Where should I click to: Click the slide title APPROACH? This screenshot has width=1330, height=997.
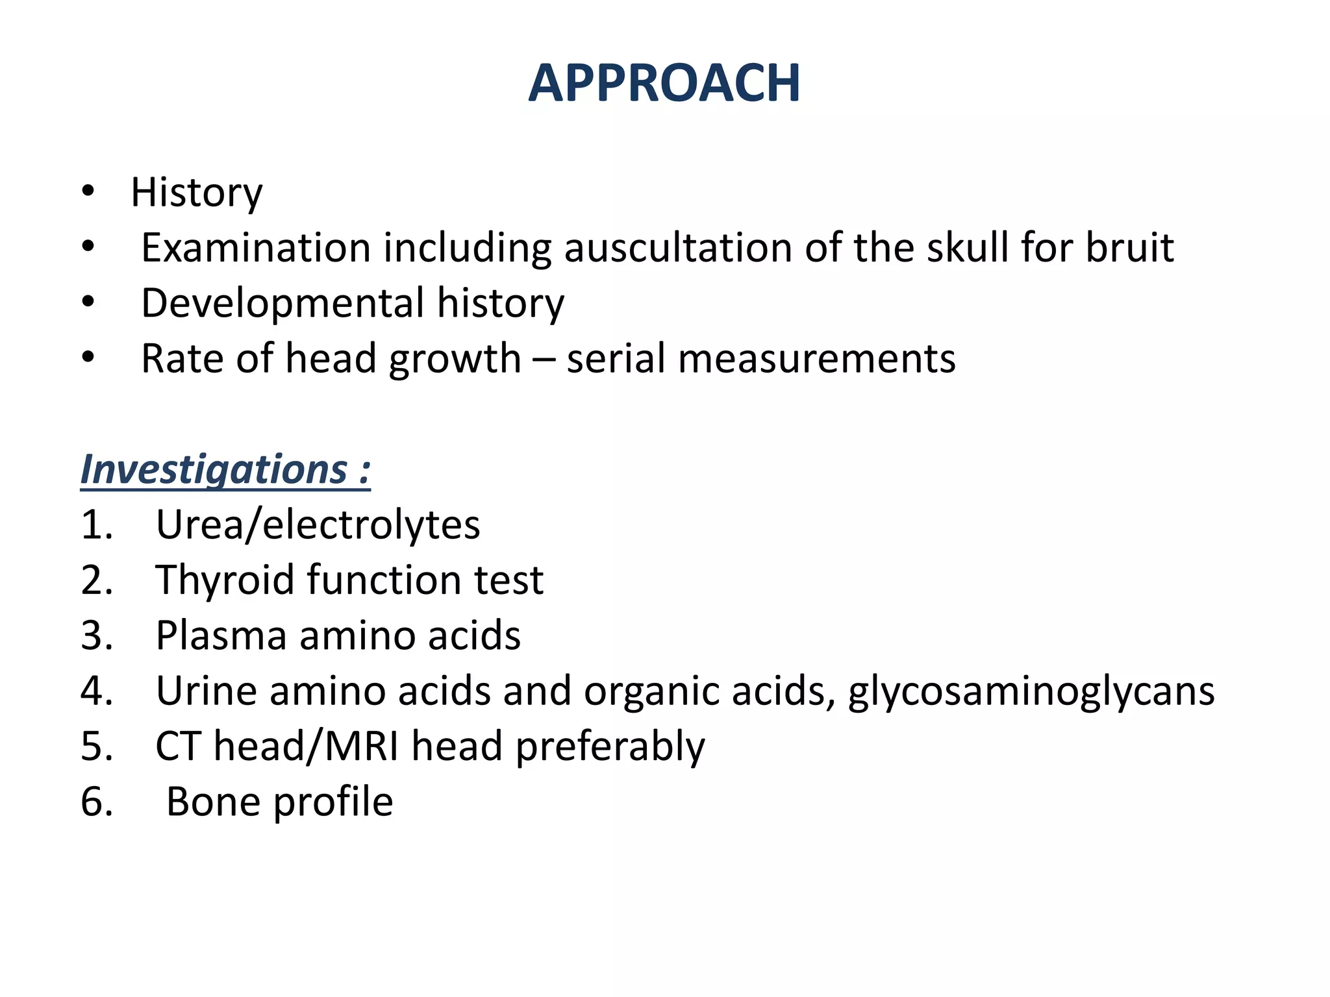664,84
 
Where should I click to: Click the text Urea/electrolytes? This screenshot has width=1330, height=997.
318,524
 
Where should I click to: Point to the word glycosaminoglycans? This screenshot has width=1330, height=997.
1031,691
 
